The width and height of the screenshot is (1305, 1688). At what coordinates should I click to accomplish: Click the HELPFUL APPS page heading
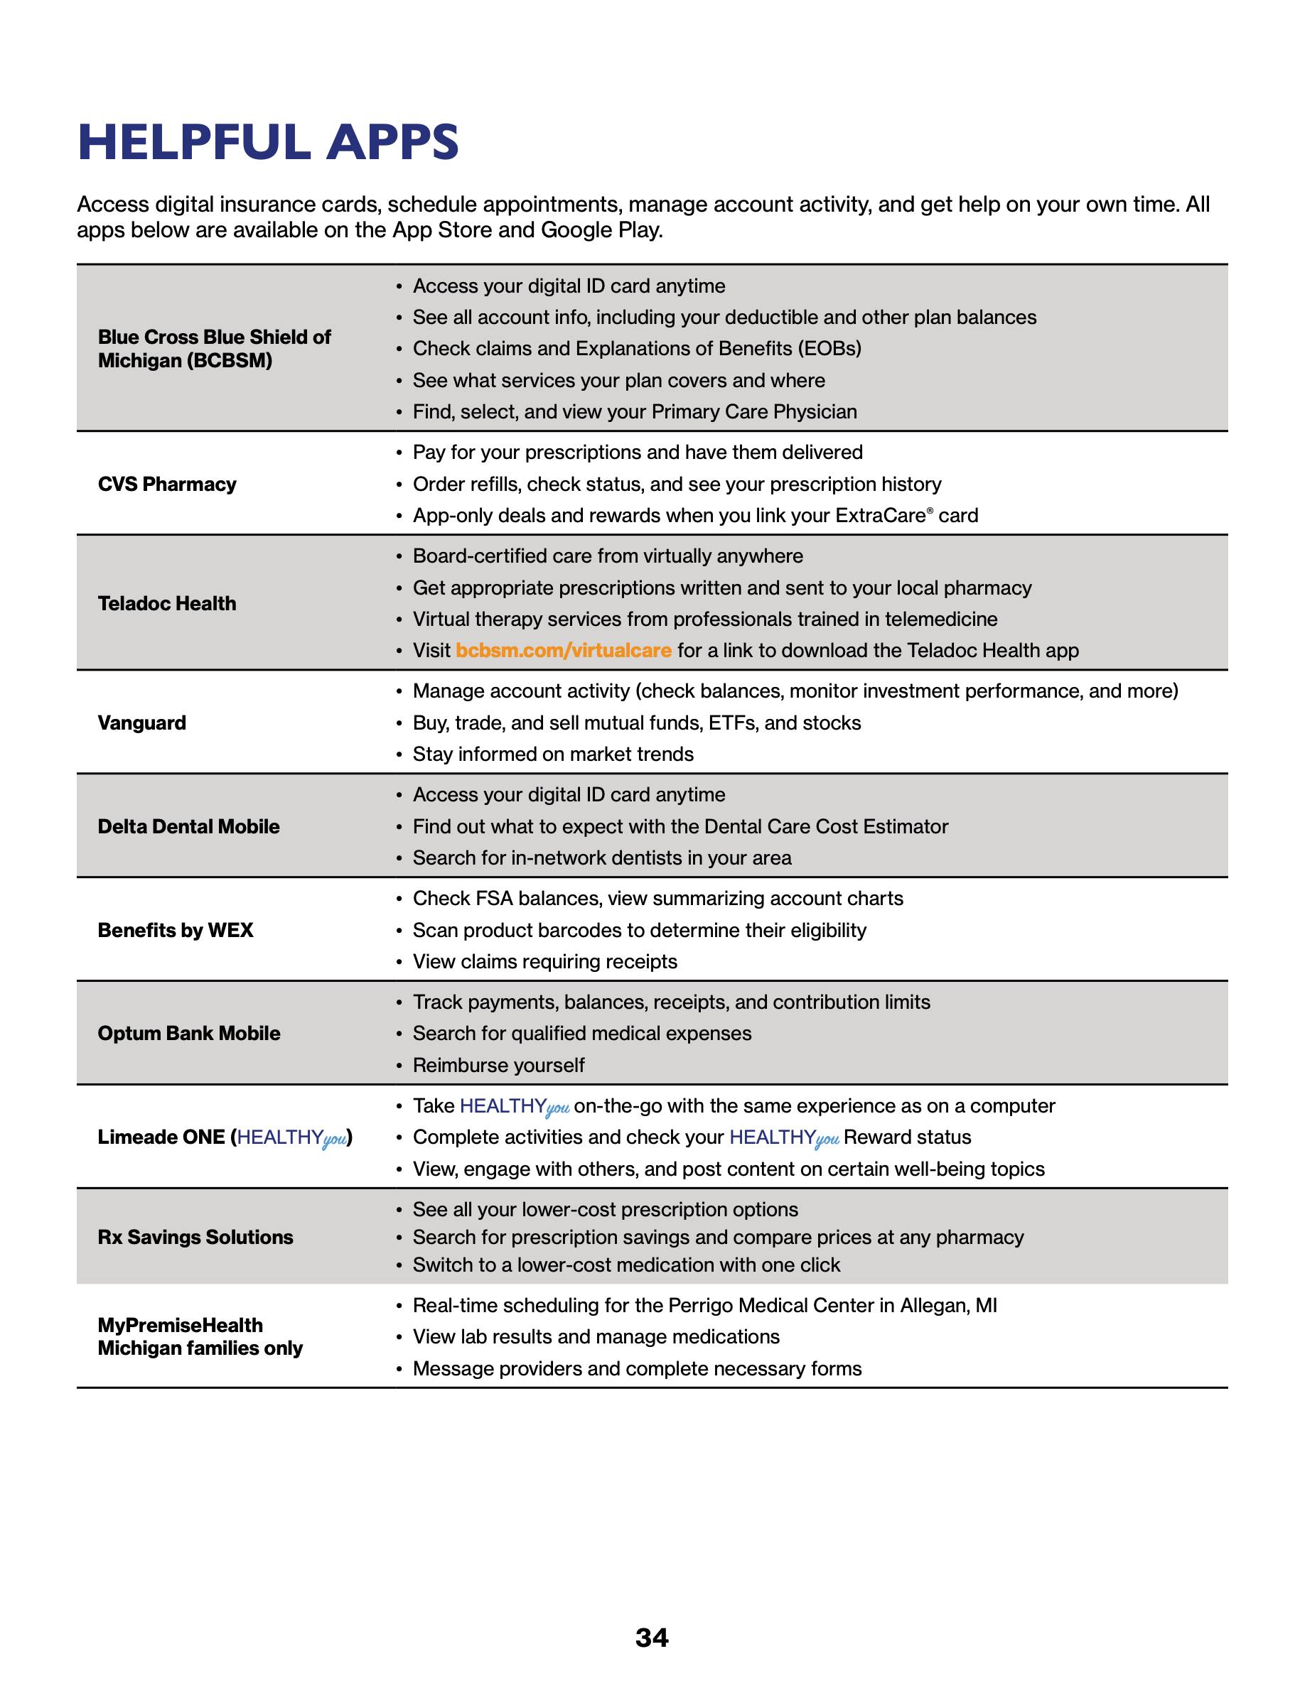click(x=268, y=142)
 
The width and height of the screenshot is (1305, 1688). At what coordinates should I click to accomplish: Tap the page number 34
click(x=652, y=1637)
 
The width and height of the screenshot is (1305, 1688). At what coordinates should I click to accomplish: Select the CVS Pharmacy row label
click(x=167, y=485)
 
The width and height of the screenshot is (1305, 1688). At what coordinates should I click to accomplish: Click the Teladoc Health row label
click(x=167, y=604)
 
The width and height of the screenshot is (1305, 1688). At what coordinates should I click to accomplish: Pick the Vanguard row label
click(x=141, y=723)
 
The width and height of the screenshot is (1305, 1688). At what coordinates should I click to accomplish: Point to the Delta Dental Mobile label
click(x=188, y=827)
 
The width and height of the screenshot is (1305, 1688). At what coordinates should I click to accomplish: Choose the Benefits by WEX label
click(x=176, y=931)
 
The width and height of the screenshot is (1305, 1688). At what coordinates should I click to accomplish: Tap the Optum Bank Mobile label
click(x=188, y=1034)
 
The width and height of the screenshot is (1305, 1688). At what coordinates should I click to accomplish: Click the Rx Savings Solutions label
click(x=195, y=1238)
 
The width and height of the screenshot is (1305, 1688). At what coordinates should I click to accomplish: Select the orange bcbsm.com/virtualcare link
click(x=564, y=651)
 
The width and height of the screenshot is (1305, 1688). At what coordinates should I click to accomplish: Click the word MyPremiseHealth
click(x=180, y=1326)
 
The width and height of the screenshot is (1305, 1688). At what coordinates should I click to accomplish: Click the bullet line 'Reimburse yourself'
click(x=499, y=1066)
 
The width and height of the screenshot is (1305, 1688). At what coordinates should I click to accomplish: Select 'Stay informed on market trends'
click(x=553, y=754)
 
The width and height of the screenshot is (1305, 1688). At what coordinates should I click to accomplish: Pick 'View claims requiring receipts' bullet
click(x=545, y=962)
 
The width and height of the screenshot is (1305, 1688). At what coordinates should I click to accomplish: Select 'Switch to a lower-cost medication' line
click(x=626, y=1265)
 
